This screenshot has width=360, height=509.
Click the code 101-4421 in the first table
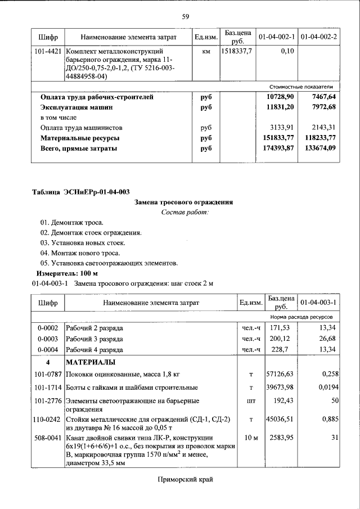coord(48,51)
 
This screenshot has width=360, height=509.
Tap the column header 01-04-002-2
coord(318,37)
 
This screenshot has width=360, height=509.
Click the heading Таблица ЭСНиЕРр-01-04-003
coord(76,193)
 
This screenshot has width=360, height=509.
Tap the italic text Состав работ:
coord(184,212)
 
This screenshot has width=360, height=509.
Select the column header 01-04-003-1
coord(318,303)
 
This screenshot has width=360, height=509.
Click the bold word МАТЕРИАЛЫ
coord(91,362)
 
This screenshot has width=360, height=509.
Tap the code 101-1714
coord(48,388)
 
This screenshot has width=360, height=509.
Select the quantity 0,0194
coord(324,388)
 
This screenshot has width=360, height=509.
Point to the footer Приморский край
coord(184,479)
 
